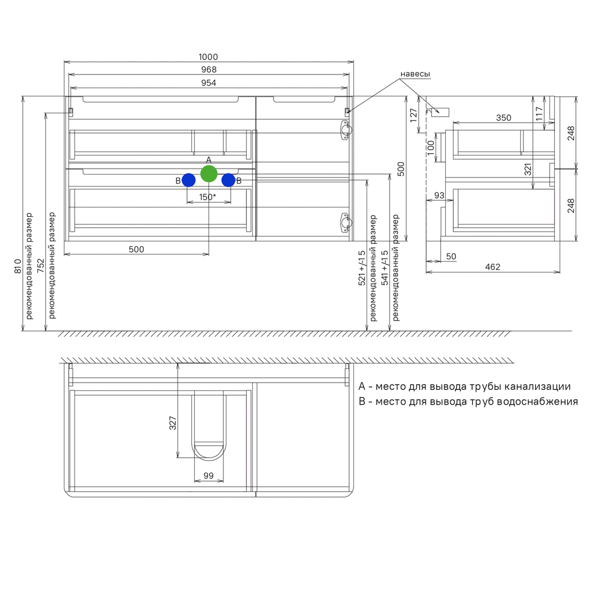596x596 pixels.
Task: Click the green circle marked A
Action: (x=209, y=173)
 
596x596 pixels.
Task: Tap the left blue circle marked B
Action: (x=188, y=180)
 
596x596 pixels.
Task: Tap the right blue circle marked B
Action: (x=228, y=180)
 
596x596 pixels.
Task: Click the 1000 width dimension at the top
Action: (x=208, y=57)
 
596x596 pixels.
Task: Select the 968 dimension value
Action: (x=209, y=70)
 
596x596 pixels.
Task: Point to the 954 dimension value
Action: (x=209, y=83)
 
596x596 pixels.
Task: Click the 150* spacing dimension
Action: (x=207, y=197)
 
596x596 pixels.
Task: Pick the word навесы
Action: (x=415, y=74)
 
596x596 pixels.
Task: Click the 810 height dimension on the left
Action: (x=18, y=266)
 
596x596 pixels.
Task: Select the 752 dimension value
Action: (x=41, y=266)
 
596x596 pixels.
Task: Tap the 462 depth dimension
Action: (x=493, y=267)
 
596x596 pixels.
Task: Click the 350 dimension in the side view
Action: (x=504, y=118)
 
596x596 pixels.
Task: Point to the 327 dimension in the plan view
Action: (x=173, y=423)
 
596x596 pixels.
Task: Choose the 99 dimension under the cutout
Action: (x=208, y=476)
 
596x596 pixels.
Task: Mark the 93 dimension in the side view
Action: (x=439, y=195)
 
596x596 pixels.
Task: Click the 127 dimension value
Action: (x=414, y=115)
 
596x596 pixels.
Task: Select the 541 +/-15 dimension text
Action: (x=384, y=268)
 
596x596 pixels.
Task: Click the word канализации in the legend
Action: (x=538, y=387)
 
